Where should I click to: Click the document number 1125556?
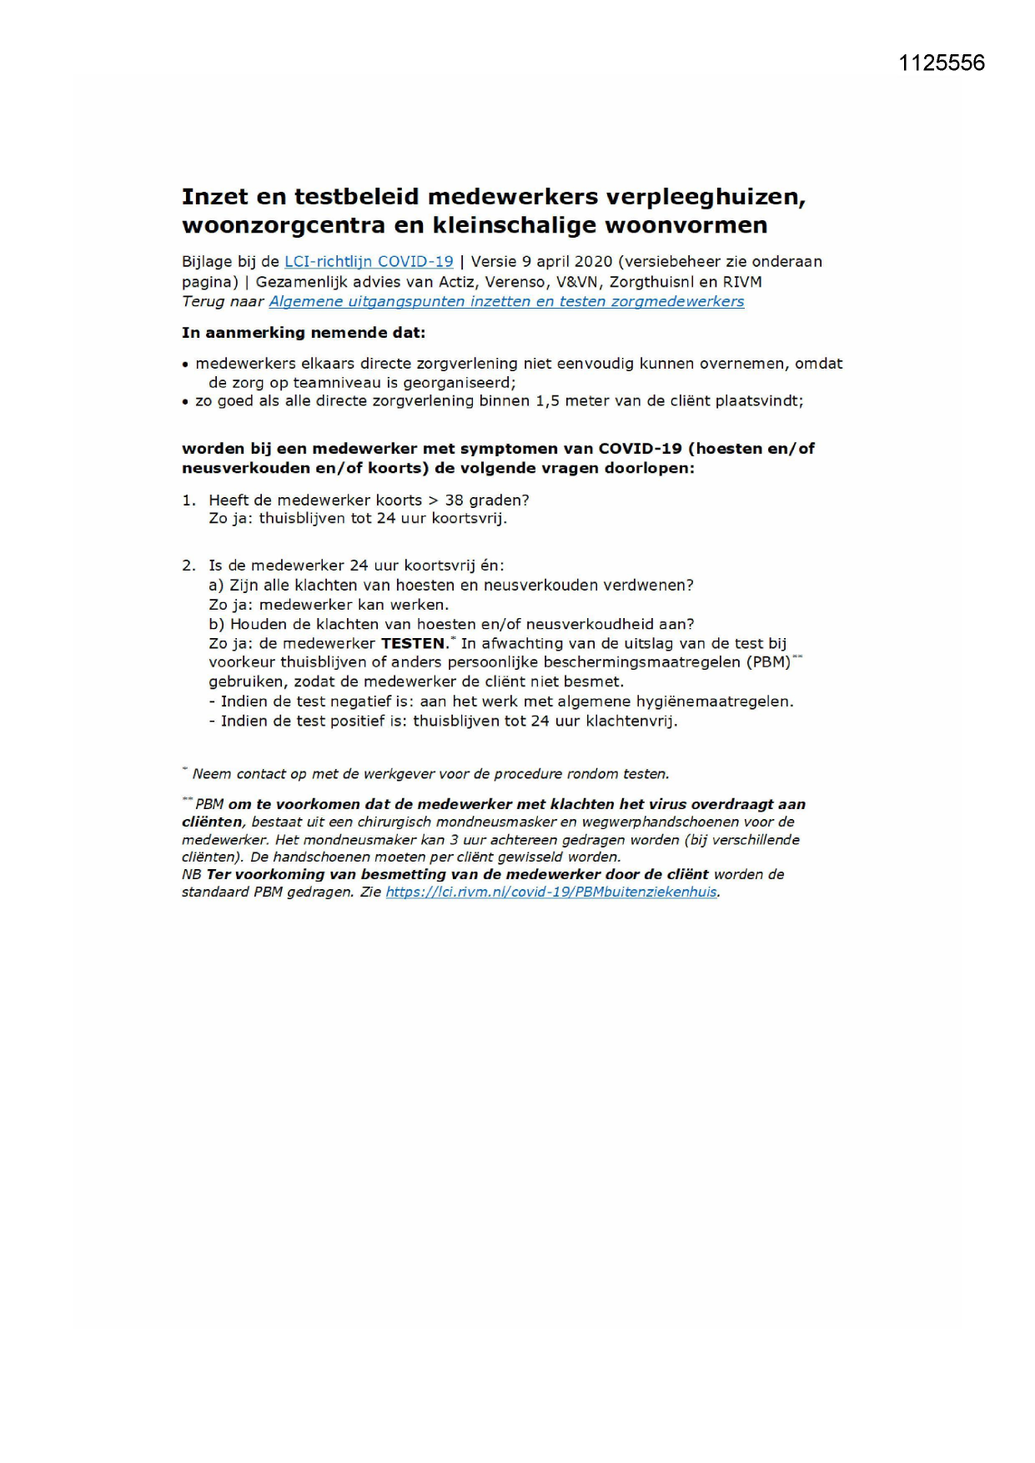coord(942,63)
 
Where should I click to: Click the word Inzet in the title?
coord(215,197)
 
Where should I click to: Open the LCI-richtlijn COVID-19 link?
coord(369,262)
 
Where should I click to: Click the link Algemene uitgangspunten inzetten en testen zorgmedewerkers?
coord(506,302)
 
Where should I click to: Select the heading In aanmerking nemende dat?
coord(304,333)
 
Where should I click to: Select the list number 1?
coord(188,500)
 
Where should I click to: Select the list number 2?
coord(188,566)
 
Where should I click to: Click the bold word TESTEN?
coord(415,644)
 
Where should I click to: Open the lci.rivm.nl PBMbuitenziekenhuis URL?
coord(550,892)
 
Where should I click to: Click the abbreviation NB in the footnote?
coord(191,875)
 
